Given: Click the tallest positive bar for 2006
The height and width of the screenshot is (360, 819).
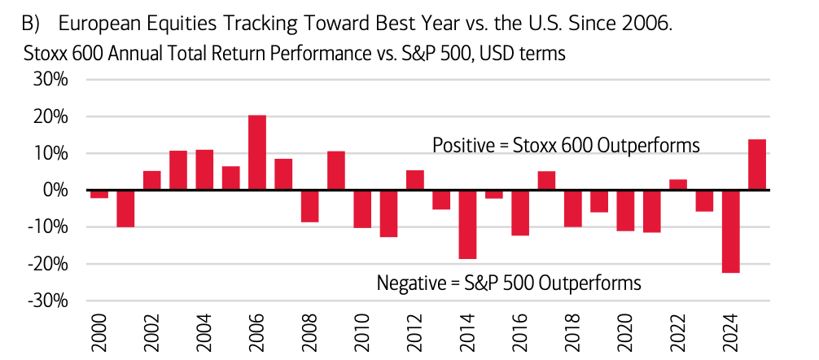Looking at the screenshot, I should click(x=256, y=152).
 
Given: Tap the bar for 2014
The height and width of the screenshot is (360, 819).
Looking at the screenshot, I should click(x=467, y=224).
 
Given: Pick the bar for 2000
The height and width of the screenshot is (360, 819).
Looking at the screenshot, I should click(x=99, y=194).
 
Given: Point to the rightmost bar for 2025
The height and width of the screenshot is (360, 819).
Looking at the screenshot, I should click(x=756, y=165).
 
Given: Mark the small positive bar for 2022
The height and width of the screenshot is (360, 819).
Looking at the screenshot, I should click(x=678, y=185).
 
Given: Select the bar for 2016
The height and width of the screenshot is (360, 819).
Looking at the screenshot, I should click(x=520, y=213).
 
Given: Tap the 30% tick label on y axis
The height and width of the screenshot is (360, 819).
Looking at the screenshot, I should click(x=50, y=80).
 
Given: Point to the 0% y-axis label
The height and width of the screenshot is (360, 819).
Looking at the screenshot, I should click(x=55, y=191).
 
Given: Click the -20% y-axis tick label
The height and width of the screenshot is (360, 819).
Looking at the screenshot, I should click(x=48, y=264).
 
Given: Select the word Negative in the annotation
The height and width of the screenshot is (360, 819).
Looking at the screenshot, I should click(x=409, y=283).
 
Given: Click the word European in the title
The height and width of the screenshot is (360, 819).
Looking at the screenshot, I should click(x=95, y=24).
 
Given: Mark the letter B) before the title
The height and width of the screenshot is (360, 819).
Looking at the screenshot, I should click(x=28, y=24).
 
